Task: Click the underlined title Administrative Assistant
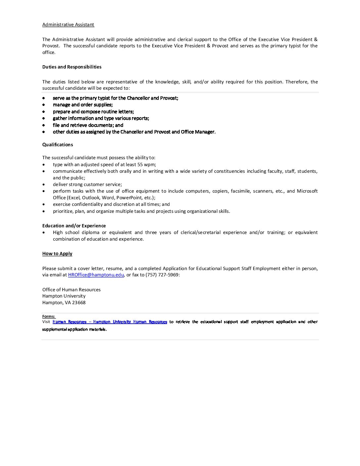pyautogui.click(x=68, y=25)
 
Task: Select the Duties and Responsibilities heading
pyautogui.click(x=72, y=67)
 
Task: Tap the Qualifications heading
pyautogui.click(x=58, y=145)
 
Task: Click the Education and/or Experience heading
pyautogui.click(x=74, y=226)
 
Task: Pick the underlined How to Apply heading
pyautogui.click(x=57, y=254)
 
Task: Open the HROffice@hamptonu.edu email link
pyautogui.click(x=96, y=275)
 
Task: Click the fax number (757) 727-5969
pyautogui.click(x=162, y=275)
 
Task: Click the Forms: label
pyautogui.click(x=49, y=317)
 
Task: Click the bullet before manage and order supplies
pyautogui.click(x=44, y=105)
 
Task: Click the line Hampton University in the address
pyautogui.click(x=64, y=296)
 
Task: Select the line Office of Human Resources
pyautogui.click(x=71, y=290)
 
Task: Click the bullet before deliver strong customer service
pyautogui.click(x=44, y=184)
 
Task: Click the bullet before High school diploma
pyautogui.click(x=44, y=232)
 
